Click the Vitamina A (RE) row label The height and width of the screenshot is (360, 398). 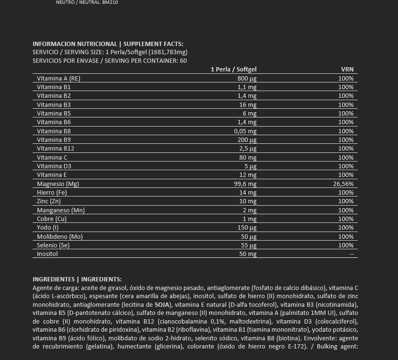pos(59,78)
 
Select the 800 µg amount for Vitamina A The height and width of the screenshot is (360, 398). pos(247,78)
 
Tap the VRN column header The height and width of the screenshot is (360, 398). pos(347,70)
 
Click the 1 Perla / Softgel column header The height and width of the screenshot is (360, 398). pos(234,70)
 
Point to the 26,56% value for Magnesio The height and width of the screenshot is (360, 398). pos(343,184)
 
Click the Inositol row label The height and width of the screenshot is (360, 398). pos(47,254)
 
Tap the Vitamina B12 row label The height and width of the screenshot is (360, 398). pos(56,149)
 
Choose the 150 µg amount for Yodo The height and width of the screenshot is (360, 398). pos(248,227)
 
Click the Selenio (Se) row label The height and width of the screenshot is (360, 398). pos(53,245)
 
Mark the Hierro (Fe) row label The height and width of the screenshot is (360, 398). pos(51,192)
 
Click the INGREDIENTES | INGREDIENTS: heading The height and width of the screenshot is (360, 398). pos(77,279)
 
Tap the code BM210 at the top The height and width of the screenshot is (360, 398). pos(110,2)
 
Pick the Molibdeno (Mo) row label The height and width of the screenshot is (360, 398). pos(60,236)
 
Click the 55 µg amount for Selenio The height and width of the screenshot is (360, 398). pos(249,245)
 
